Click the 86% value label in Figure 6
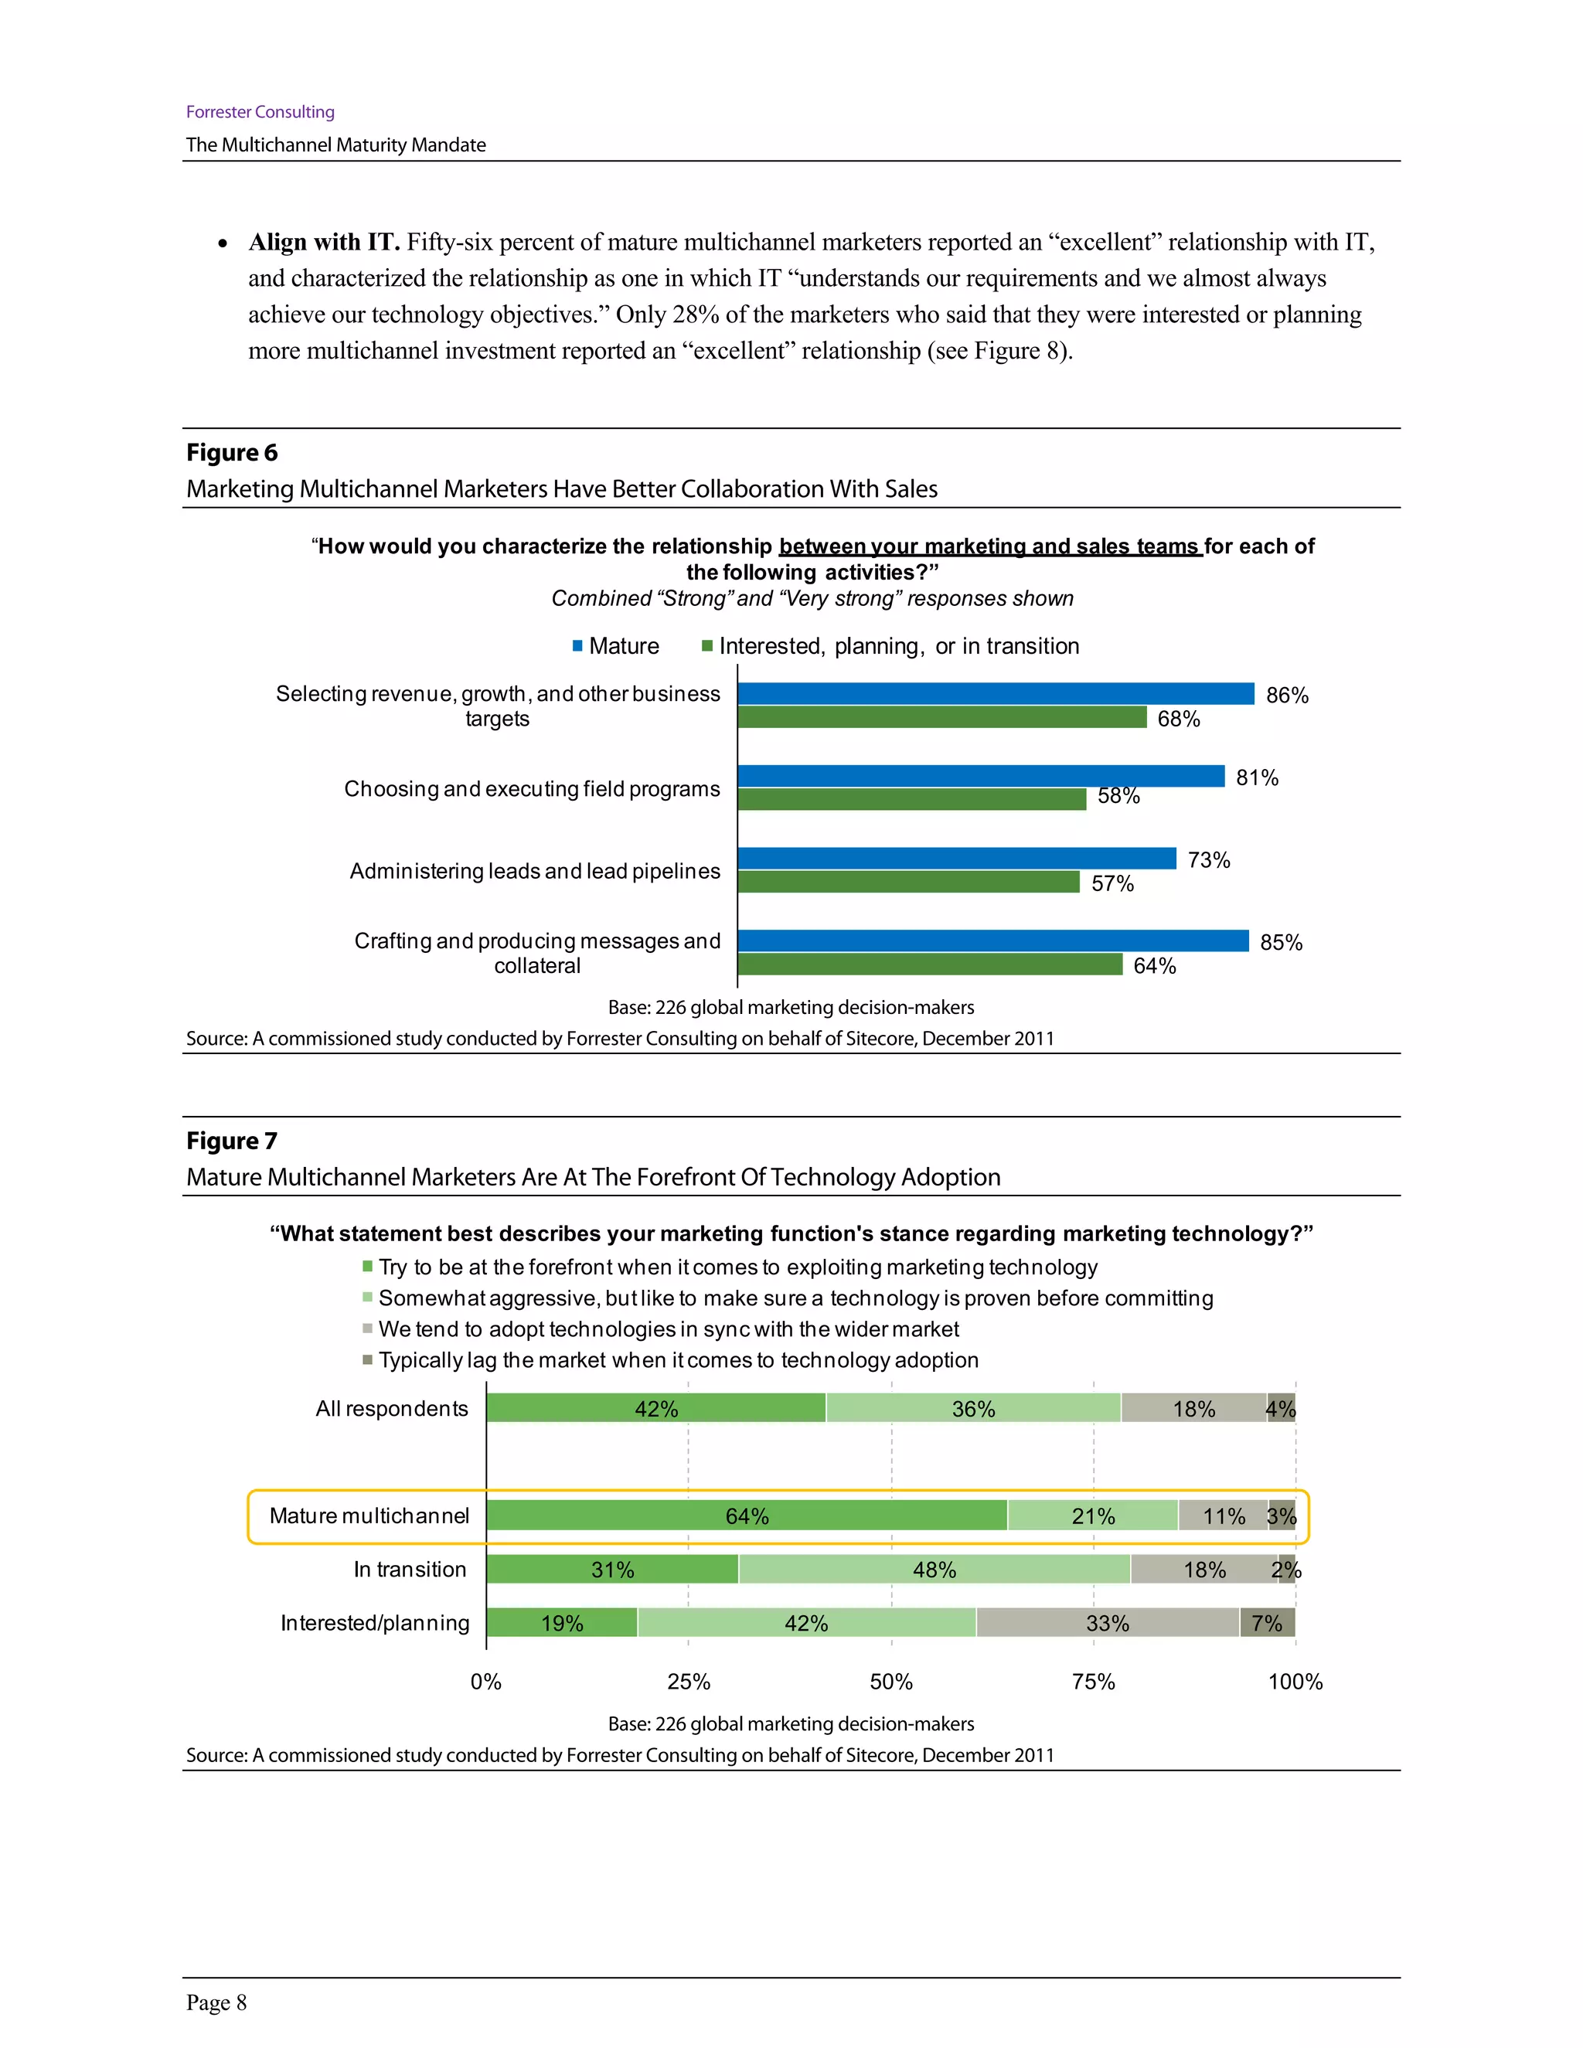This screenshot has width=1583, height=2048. (1287, 695)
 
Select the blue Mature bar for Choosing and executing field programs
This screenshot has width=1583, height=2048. (980, 775)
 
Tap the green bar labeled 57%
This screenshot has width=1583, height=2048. (907, 882)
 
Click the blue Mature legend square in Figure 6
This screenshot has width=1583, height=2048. (577, 646)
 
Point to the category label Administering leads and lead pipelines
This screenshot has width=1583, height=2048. (535, 871)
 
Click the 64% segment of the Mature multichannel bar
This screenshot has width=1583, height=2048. (747, 1516)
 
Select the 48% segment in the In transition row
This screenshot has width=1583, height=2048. (934, 1569)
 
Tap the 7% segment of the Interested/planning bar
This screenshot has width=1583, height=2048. (1267, 1622)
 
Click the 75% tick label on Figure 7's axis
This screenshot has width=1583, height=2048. (1094, 1682)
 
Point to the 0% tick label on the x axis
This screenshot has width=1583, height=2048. (485, 1682)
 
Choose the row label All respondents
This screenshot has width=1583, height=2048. (391, 1408)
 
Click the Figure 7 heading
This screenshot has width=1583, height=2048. (232, 1140)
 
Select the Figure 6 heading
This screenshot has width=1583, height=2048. (232, 452)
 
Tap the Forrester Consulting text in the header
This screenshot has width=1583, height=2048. (260, 111)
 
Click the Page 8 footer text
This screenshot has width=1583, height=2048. (216, 2003)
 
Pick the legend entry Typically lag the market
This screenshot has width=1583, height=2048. (677, 1359)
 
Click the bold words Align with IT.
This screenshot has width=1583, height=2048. (324, 242)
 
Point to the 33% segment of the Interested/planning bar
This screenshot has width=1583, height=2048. (1107, 1622)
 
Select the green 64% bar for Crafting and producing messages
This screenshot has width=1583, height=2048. (929, 964)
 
